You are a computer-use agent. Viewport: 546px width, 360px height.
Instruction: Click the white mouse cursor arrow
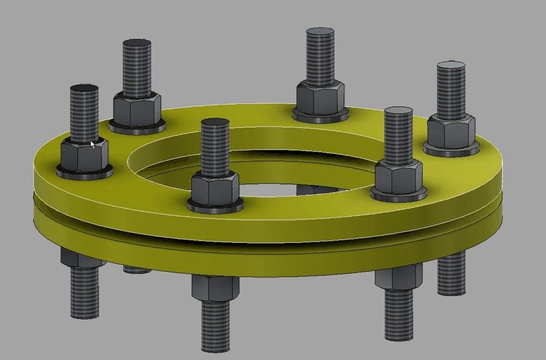[93, 144]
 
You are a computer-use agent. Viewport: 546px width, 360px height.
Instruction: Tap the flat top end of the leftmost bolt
[84, 89]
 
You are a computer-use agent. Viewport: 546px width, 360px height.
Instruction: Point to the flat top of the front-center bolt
[214, 124]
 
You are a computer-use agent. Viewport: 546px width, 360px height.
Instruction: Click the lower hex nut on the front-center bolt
[214, 288]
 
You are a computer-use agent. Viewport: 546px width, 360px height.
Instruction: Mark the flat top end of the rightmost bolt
[451, 67]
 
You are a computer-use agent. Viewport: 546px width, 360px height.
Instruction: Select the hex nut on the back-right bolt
[321, 98]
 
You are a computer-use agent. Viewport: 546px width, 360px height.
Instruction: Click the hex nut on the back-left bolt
[136, 108]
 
